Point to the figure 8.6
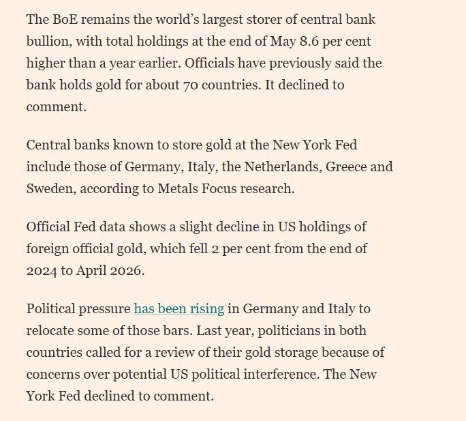click(x=309, y=41)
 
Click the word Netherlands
click(x=283, y=166)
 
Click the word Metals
click(x=177, y=188)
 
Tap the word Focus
click(x=219, y=188)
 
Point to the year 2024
click(x=42, y=271)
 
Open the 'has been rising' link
click(x=179, y=308)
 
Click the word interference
click(x=281, y=374)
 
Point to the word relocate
click(x=50, y=330)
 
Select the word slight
click(x=196, y=227)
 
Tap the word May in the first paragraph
click(x=283, y=42)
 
